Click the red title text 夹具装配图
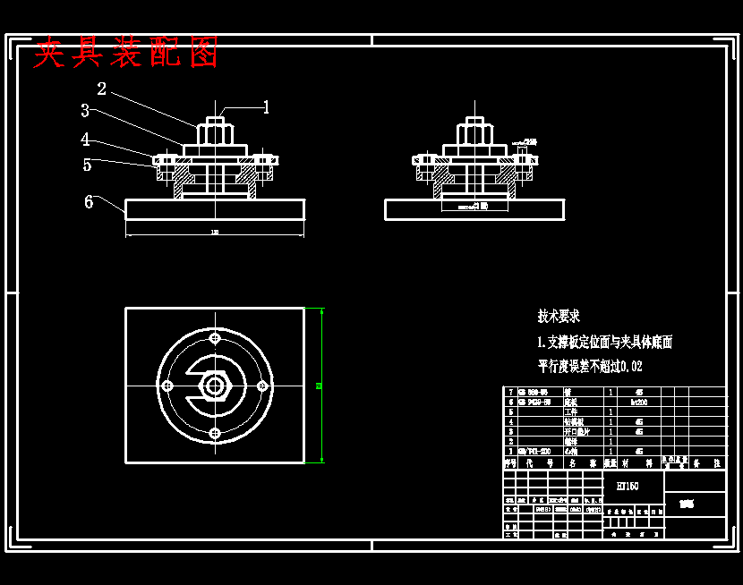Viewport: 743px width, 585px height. [126, 54]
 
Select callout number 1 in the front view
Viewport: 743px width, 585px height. [266, 107]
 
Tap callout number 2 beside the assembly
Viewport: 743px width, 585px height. [102, 89]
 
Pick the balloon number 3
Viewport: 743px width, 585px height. [84, 111]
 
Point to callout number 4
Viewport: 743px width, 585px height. [85, 140]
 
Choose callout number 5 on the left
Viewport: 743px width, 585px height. [87, 165]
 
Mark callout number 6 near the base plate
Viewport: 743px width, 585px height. [89, 202]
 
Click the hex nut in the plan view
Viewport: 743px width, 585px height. [215, 386]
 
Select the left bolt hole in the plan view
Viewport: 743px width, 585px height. [167, 386]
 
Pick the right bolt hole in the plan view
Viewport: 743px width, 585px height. [262, 386]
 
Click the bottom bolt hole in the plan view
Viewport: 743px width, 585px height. [215, 433]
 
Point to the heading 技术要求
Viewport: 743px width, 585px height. [559, 316]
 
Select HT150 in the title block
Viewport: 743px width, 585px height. [628, 486]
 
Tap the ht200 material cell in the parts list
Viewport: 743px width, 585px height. [638, 403]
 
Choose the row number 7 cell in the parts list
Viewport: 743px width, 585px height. [510, 392]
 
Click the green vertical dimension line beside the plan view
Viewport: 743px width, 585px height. [321, 386]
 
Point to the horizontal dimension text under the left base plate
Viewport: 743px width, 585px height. [215, 233]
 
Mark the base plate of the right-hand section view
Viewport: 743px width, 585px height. [474, 210]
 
